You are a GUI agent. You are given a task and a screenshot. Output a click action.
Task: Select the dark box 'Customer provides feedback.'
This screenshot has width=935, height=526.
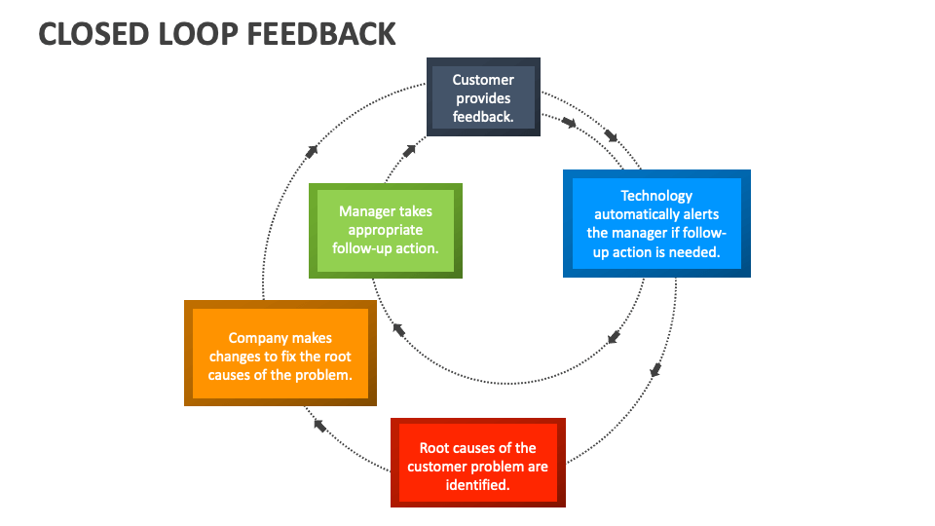[x=483, y=97]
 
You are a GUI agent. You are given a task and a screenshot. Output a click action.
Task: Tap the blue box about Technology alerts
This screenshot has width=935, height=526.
[x=656, y=223]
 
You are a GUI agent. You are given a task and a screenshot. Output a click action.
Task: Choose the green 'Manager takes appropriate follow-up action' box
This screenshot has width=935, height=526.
[x=385, y=230]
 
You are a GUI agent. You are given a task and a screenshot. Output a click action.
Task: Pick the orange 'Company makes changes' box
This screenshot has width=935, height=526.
[x=280, y=353]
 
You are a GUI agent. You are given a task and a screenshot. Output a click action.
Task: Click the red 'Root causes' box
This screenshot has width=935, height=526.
[x=477, y=462]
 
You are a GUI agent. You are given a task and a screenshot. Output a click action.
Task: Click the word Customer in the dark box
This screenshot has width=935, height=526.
[x=483, y=80]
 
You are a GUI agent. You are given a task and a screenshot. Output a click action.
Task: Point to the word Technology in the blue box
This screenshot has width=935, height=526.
[x=656, y=196]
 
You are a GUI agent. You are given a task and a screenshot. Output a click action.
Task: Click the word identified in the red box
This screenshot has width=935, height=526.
[x=477, y=484]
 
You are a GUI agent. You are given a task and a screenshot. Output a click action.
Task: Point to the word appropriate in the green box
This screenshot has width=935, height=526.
[x=386, y=230]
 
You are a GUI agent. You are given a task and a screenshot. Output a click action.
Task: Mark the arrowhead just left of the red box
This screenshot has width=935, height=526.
[x=319, y=425]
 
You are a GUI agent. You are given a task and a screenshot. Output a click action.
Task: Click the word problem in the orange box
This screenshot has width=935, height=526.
[x=322, y=375]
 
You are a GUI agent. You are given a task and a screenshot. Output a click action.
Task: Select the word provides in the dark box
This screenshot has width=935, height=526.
[x=483, y=98]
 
